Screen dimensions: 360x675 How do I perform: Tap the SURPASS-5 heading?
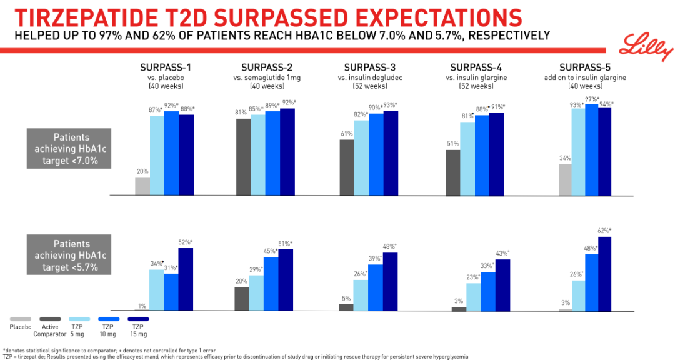pyautogui.click(x=585, y=67)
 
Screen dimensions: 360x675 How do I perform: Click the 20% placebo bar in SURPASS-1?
pyautogui.click(x=142, y=186)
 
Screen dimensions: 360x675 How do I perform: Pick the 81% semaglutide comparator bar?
pyautogui.click(x=243, y=157)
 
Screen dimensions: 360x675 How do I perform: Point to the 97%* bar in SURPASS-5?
pyautogui.click(x=591, y=150)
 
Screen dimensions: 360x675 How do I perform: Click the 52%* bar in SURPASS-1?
pyautogui.click(x=186, y=279)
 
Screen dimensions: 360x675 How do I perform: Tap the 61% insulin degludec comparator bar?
pyautogui.click(x=346, y=167)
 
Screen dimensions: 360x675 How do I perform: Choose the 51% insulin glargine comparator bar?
pyautogui.click(x=453, y=172)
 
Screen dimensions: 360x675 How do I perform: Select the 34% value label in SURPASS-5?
pyautogui.click(x=565, y=158)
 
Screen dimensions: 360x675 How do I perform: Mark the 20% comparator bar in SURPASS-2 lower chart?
pyautogui.click(x=241, y=299)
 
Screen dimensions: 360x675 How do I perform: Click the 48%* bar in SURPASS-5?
pyautogui.click(x=591, y=282)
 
